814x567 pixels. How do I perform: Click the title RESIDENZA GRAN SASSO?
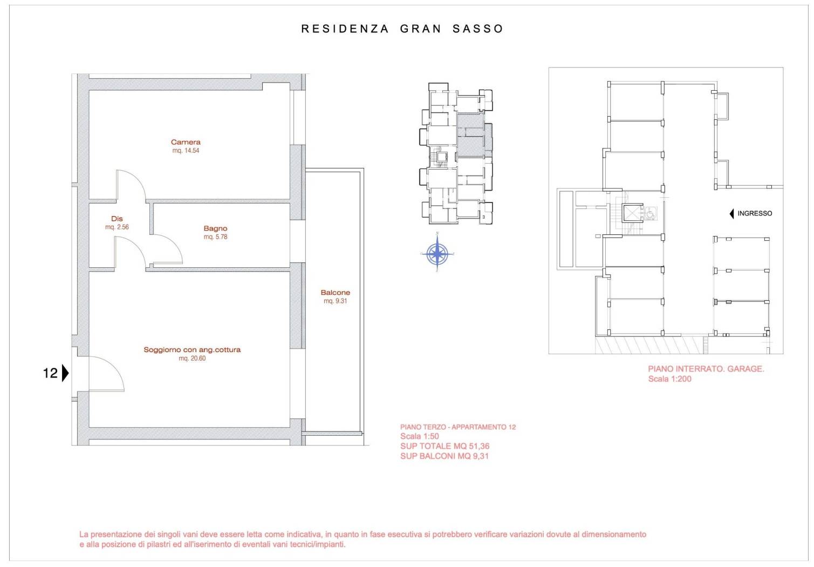402,29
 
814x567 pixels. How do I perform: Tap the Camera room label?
186,142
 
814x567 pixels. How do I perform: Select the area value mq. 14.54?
186,151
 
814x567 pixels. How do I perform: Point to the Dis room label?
117,219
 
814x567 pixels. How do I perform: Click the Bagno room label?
215,228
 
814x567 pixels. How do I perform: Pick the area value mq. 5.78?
215,237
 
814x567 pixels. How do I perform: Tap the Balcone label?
336,293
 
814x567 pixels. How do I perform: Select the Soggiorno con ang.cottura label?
192,350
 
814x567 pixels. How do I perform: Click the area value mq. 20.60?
192,358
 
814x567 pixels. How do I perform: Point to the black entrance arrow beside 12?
65,373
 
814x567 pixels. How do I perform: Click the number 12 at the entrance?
50,373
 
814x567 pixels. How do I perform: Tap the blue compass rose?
437,253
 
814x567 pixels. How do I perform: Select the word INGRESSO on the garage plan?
755,213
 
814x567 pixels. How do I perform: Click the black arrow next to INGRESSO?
731,214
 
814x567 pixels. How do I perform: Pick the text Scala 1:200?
670,379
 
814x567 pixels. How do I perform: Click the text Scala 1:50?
420,436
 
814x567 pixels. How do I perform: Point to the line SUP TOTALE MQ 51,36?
445,446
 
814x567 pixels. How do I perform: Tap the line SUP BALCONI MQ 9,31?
444,456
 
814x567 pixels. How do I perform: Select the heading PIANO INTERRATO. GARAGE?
706,369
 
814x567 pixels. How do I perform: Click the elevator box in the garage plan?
632,213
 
